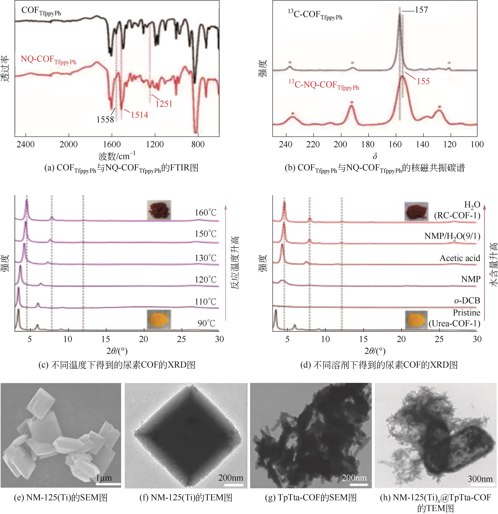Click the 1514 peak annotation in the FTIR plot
click(139, 115)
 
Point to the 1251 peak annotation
click(164, 104)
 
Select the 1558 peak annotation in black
click(105, 120)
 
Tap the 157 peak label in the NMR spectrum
click(421, 10)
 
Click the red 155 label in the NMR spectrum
click(423, 81)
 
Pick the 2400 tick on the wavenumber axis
click(25, 145)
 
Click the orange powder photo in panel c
click(159, 319)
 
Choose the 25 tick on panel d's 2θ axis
click(439, 339)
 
